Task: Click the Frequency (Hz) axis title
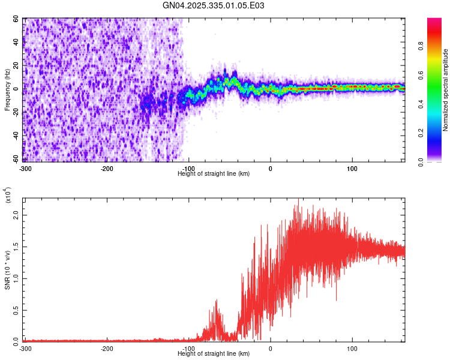coord(7,89)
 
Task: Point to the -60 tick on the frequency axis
coord(14,159)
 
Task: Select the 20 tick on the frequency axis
coord(16,66)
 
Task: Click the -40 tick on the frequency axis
coord(14,136)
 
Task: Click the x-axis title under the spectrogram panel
coord(214,173)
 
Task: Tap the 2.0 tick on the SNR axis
coord(17,215)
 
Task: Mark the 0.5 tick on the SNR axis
coord(17,310)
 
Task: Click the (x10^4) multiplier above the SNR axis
coord(8,196)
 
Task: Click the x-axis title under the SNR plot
coord(214,354)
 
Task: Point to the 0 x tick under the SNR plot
coord(271,349)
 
